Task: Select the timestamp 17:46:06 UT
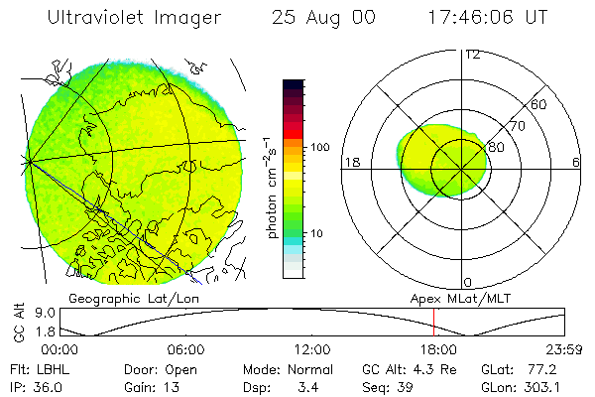pyautogui.click(x=489, y=18)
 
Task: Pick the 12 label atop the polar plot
pyautogui.click(x=472, y=54)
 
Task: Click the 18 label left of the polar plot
pyautogui.click(x=350, y=163)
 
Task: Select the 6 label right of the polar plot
pyautogui.click(x=576, y=163)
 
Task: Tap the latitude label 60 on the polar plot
pyautogui.click(x=539, y=104)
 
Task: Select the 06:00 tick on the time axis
pyautogui.click(x=187, y=350)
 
